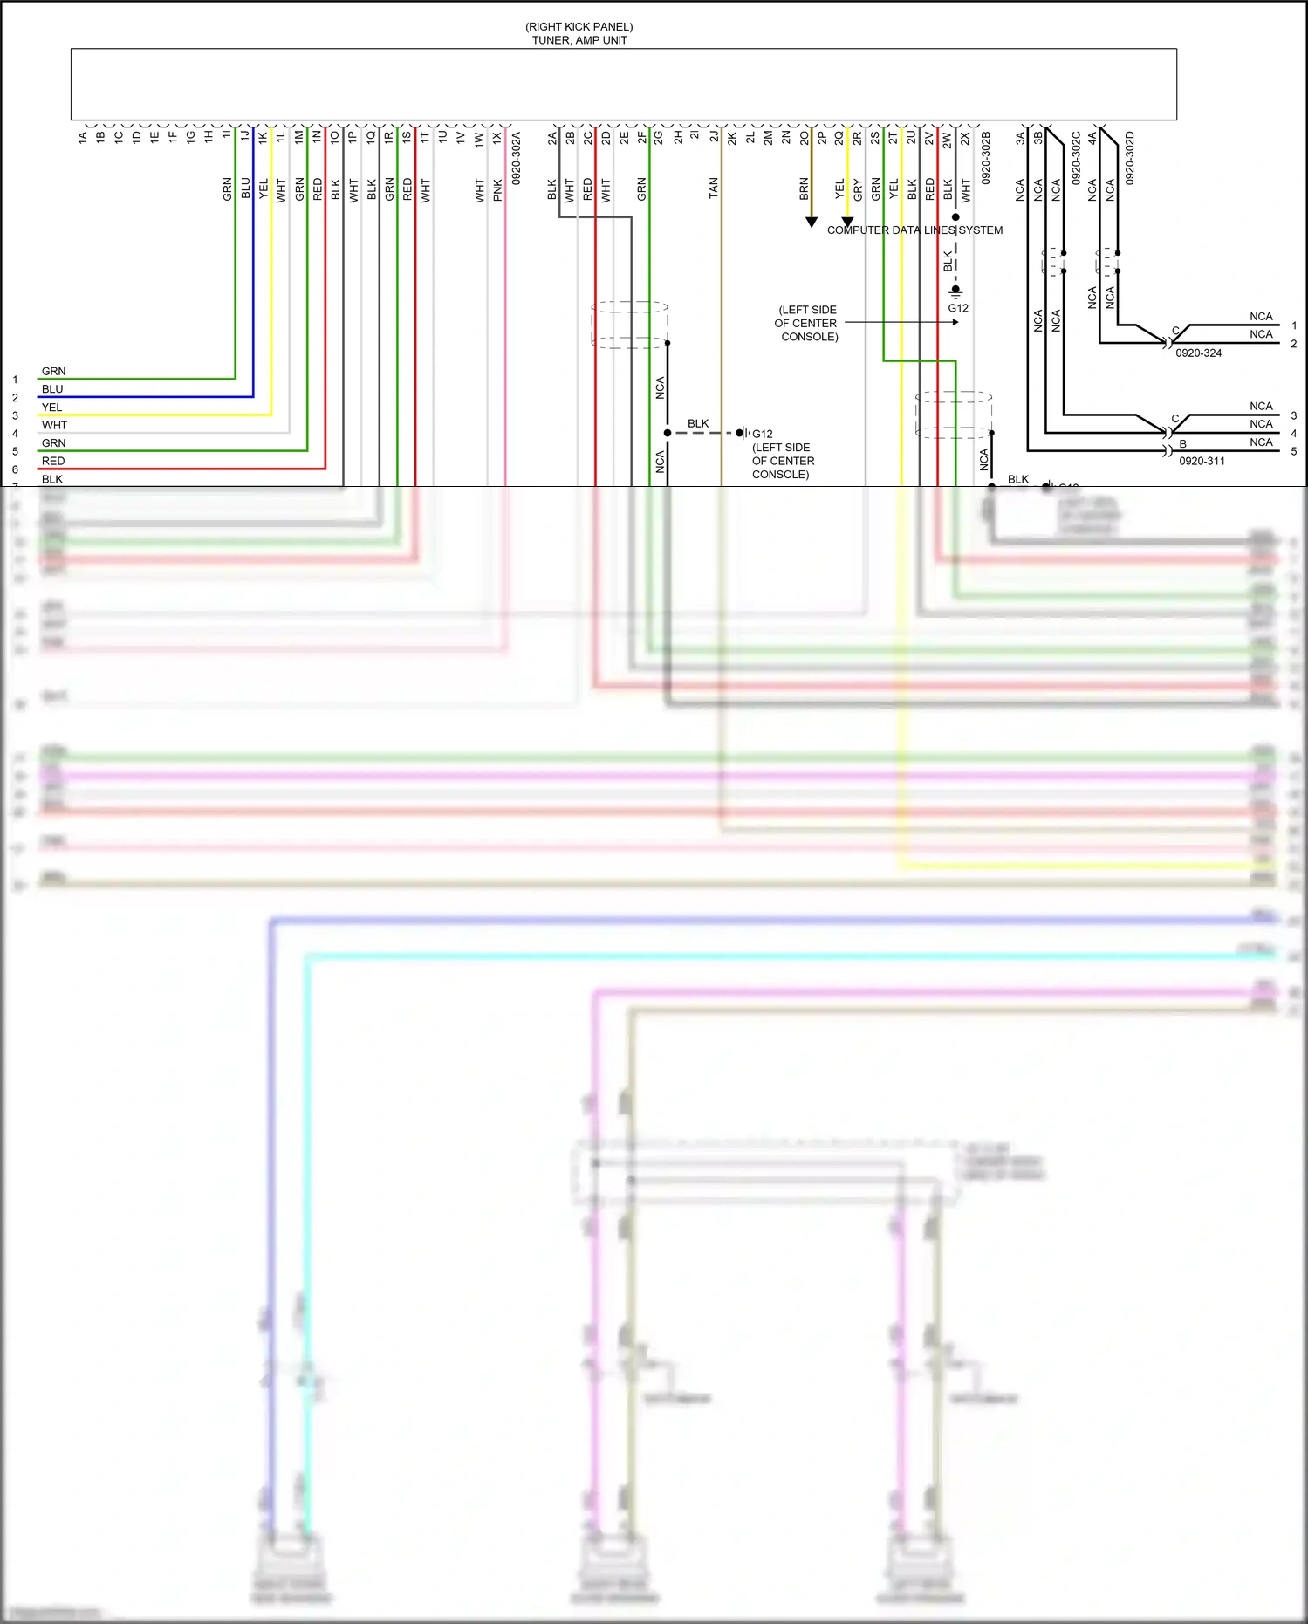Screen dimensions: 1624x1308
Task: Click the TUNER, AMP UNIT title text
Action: point(579,40)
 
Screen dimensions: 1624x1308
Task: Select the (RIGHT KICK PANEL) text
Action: point(579,27)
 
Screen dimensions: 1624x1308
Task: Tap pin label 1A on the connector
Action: point(83,137)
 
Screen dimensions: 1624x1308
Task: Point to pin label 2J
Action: point(714,137)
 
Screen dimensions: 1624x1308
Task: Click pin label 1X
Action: point(496,137)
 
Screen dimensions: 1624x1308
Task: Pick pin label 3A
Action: point(1020,137)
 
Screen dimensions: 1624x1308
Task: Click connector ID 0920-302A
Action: point(516,158)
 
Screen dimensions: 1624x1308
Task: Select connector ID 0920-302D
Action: point(1130,158)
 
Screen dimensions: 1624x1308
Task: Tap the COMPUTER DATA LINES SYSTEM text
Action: point(914,230)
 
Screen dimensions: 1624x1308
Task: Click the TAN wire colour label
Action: point(714,188)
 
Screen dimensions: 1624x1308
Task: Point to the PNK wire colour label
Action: point(497,189)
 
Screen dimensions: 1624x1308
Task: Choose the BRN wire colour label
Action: point(804,188)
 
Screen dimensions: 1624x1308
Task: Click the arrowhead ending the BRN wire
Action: point(812,223)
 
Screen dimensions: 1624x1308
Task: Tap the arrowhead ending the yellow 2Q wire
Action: point(847,223)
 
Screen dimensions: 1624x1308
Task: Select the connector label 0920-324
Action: point(1198,353)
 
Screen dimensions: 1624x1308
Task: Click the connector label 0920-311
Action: point(1202,461)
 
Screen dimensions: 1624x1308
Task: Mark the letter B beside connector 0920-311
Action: point(1182,444)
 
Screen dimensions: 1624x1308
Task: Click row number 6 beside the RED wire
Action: point(15,469)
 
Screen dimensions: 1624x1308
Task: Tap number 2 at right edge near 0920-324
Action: point(1293,344)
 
